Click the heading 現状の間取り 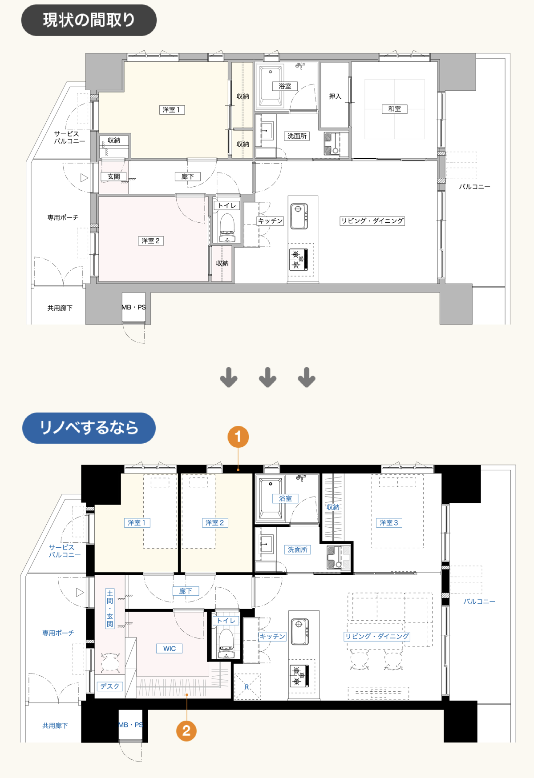89,20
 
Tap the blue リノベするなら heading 89,428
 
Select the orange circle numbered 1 238,437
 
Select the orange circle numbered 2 186,730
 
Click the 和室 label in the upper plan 394,109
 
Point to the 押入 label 335,96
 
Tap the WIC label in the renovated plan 169,649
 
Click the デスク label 110,686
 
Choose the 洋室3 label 389,523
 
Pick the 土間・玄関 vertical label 110,609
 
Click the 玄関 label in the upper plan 113,176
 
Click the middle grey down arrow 267,377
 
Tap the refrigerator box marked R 247,687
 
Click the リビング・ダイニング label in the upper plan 372,221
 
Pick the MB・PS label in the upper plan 133,307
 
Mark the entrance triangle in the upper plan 84,178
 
